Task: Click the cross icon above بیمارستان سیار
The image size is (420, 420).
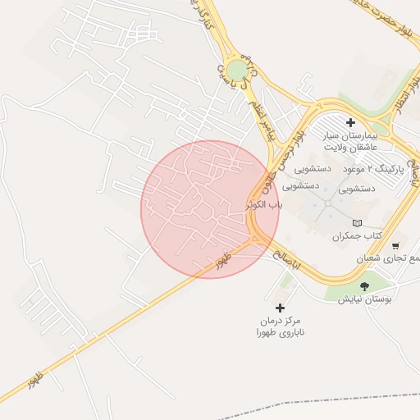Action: coord(350,122)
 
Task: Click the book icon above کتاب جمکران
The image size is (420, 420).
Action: coord(356,223)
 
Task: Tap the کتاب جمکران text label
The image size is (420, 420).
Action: coord(358,236)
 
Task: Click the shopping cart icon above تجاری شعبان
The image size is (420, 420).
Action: coord(395,245)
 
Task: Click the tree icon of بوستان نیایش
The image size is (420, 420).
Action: coord(364,286)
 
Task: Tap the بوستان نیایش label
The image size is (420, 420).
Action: coord(366,299)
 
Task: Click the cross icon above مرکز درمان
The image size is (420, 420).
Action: coord(281,308)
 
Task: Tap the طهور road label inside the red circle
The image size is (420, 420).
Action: coord(224,262)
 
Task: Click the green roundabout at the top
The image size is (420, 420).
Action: coord(237,70)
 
